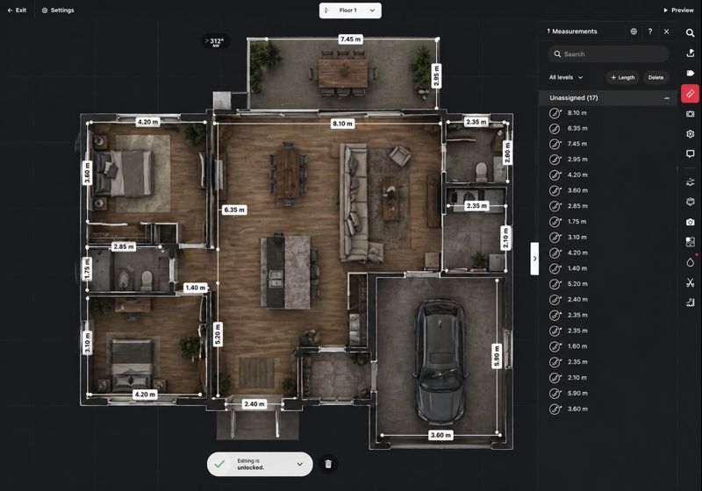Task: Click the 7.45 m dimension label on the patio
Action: point(350,39)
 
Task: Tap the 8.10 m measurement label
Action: point(342,124)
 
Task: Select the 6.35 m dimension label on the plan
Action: point(234,210)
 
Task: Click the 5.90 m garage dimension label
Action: point(496,356)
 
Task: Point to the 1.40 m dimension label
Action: point(195,288)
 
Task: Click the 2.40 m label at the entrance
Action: point(254,404)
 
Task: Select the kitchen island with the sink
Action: point(285,272)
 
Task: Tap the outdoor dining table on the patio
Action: point(343,73)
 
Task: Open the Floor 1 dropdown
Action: point(350,11)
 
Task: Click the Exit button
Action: point(17,10)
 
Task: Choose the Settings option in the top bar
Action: point(58,10)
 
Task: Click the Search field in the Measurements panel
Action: point(608,54)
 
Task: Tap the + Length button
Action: point(623,77)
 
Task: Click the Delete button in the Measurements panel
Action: point(655,77)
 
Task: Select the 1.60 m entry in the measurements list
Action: point(577,346)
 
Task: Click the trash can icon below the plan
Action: point(328,464)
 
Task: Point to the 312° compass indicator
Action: point(216,41)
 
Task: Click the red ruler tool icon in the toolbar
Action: point(690,94)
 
